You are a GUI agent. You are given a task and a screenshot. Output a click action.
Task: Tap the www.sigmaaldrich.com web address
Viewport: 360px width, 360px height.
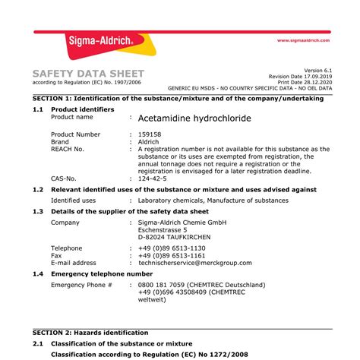point(303,40)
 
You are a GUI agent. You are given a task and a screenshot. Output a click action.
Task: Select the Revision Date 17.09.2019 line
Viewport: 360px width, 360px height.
point(302,76)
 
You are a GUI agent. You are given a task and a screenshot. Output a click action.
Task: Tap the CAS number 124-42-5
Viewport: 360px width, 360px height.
point(155,179)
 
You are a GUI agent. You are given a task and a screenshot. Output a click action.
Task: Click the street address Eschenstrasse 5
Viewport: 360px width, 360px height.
point(169,230)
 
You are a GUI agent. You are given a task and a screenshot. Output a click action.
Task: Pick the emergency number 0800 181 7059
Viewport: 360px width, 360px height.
point(163,284)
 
